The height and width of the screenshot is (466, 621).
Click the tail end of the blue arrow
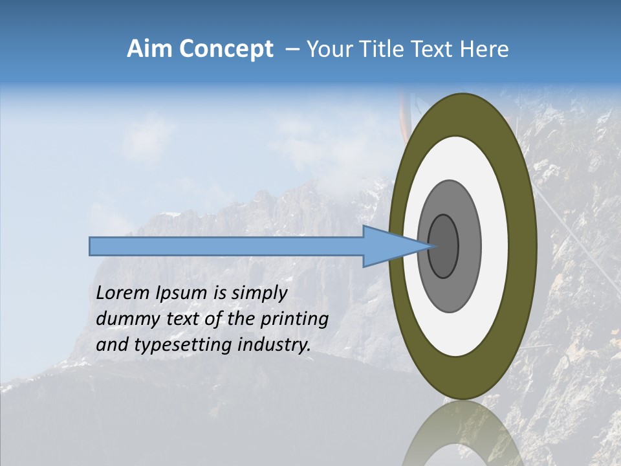(91, 246)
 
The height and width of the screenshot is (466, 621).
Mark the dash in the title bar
(292, 50)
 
